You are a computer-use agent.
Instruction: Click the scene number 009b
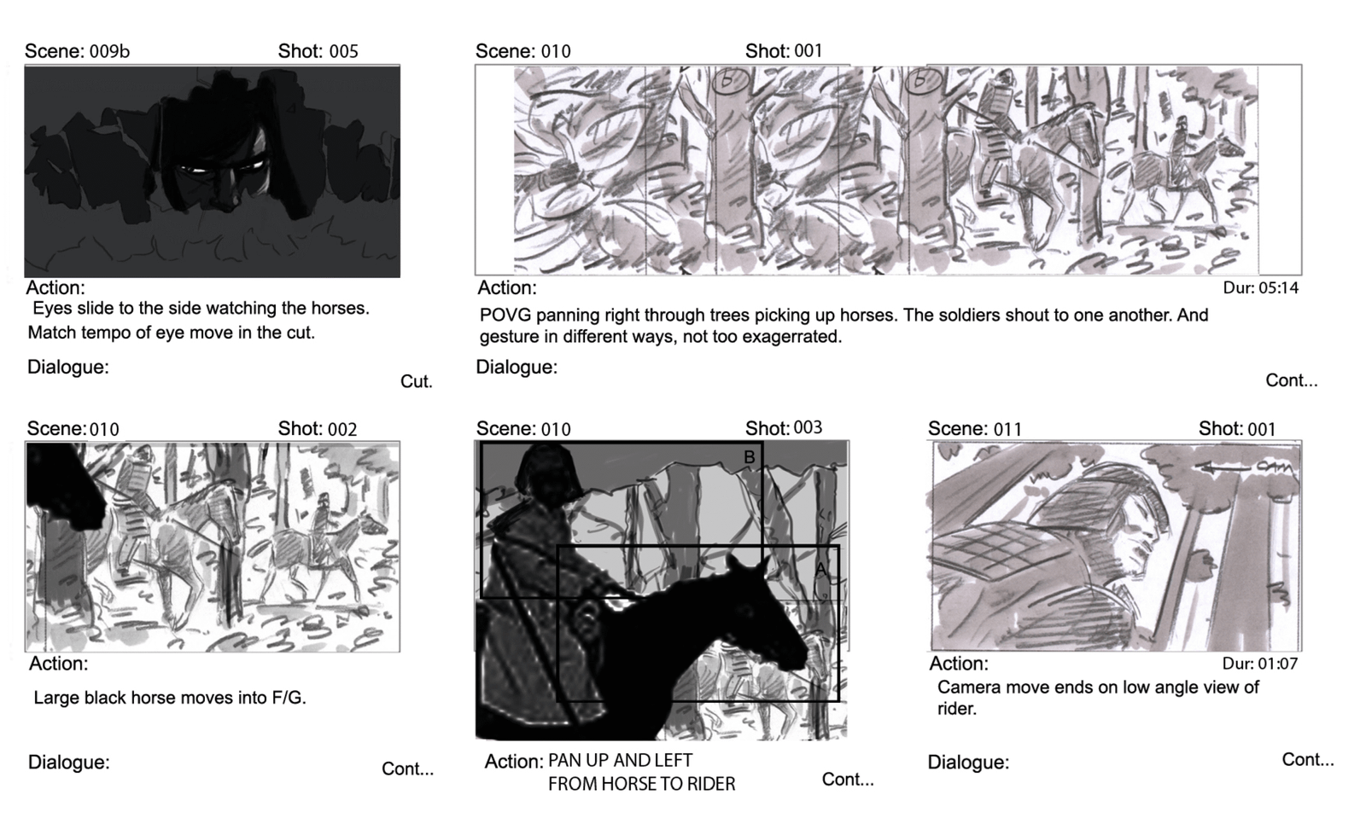pos(109,51)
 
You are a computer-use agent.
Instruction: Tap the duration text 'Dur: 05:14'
pos(1260,288)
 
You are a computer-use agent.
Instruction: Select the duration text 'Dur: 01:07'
pos(1260,664)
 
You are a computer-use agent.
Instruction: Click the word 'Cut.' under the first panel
pos(416,381)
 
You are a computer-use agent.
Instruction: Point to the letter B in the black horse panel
pos(750,457)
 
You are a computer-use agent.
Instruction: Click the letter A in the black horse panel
pos(820,570)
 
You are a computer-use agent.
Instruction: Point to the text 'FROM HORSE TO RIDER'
pos(641,784)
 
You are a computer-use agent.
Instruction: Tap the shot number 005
pos(343,51)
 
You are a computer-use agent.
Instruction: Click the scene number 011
pos(1007,429)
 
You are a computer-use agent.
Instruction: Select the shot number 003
pos(808,427)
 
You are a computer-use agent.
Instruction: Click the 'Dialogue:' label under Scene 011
pos(968,763)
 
